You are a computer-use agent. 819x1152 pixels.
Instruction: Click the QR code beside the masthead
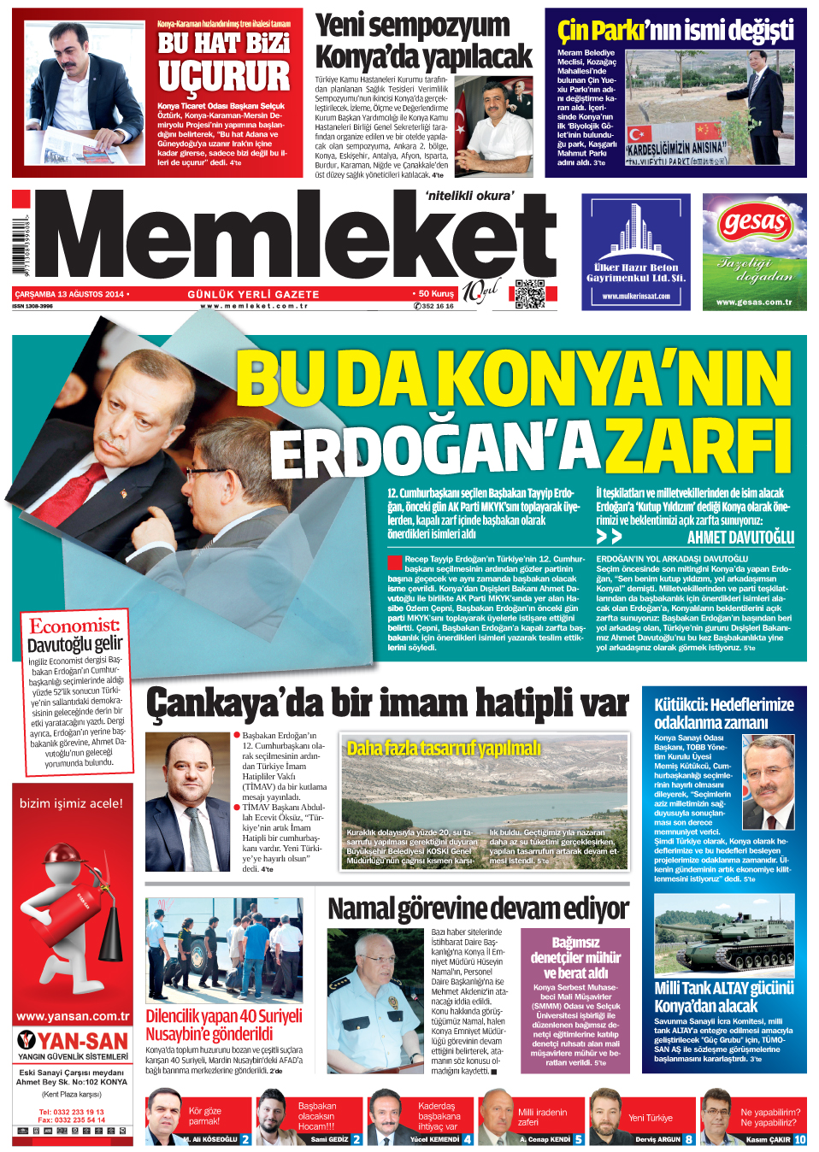click(x=530, y=294)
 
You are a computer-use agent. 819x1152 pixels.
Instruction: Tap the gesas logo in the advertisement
click(x=754, y=224)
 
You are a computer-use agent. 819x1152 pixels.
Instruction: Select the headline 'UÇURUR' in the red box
click(x=224, y=77)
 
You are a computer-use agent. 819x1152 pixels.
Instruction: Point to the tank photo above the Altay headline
click(x=724, y=936)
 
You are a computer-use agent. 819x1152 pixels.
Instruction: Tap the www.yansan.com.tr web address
click(x=73, y=1016)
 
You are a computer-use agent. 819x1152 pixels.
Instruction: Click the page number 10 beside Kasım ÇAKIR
click(x=800, y=1139)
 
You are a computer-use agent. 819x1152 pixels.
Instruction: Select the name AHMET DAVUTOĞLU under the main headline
click(x=740, y=538)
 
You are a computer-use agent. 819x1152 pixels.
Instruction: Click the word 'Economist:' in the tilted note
click(x=75, y=626)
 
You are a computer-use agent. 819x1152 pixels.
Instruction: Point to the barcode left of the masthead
click(x=19, y=248)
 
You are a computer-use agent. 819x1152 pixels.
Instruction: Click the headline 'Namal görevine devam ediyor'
click(x=478, y=908)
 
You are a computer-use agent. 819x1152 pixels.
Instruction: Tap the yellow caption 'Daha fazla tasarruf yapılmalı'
click(x=443, y=749)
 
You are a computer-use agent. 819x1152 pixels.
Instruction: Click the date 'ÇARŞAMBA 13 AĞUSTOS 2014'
click(x=69, y=294)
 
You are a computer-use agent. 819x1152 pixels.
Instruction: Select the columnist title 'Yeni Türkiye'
click(x=651, y=1118)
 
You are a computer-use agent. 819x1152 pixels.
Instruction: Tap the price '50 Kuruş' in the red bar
click(x=435, y=294)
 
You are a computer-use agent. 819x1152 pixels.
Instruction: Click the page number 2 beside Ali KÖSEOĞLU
click(x=245, y=1139)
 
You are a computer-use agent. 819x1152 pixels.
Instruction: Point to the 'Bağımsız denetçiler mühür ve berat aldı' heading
click(x=575, y=957)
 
